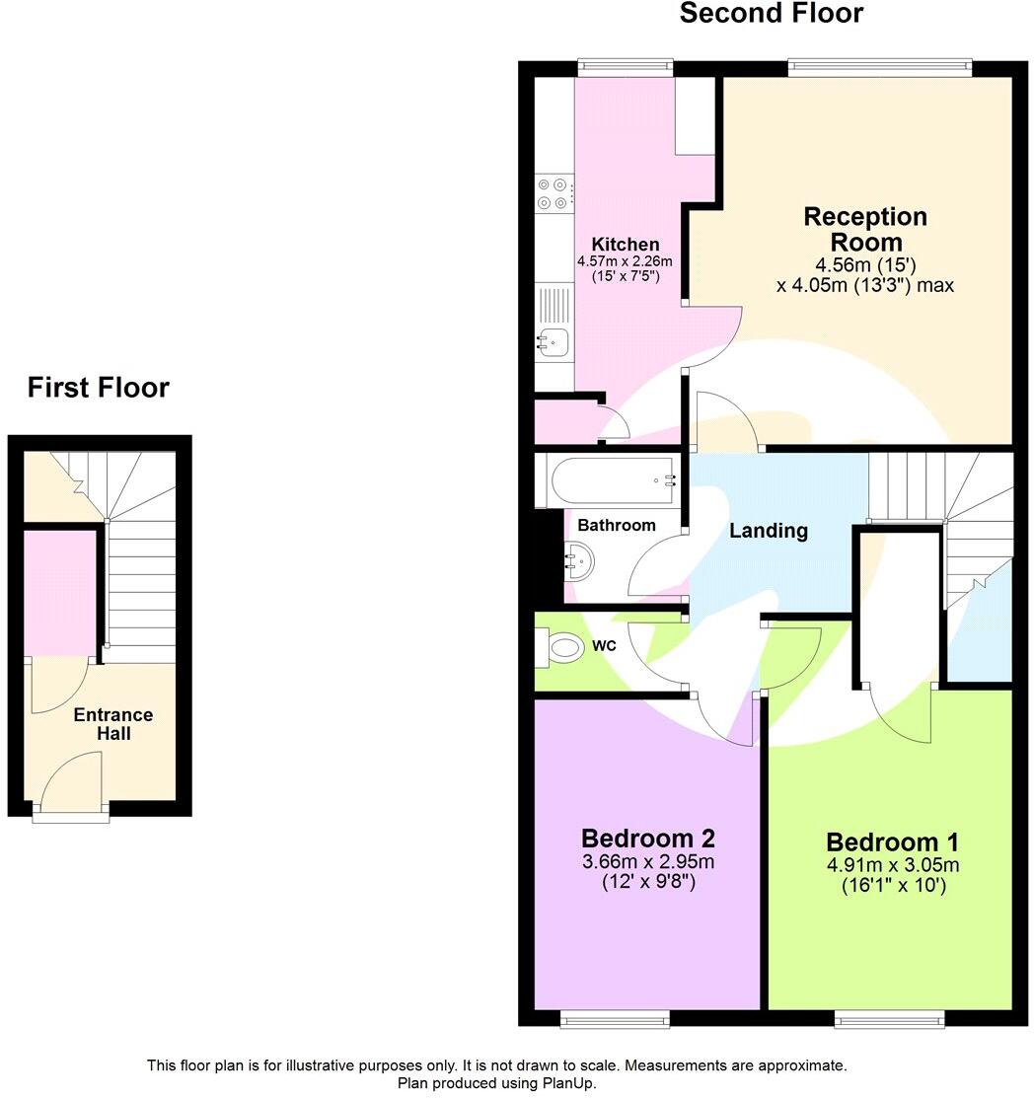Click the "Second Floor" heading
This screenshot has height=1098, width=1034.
[x=771, y=14]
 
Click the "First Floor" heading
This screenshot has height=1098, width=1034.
[x=98, y=388]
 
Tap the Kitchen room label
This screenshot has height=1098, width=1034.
[x=625, y=245]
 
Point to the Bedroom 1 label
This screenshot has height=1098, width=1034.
[x=892, y=842]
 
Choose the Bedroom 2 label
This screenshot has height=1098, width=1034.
[x=647, y=839]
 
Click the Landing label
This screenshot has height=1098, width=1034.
[x=769, y=531]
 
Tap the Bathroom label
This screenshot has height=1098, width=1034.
[x=616, y=525]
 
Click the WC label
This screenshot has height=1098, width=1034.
[x=605, y=646]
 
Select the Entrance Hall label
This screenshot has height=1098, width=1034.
[x=113, y=724]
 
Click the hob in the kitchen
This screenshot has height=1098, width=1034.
[x=554, y=193]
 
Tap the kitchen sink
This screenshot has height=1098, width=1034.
[x=554, y=341]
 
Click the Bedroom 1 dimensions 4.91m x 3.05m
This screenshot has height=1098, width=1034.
[x=892, y=866]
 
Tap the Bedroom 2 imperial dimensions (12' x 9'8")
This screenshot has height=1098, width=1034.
[x=648, y=882]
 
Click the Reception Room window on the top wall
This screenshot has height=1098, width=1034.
[x=879, y=67]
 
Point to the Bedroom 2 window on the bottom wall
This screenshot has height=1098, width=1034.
[x=615, y=1019]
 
